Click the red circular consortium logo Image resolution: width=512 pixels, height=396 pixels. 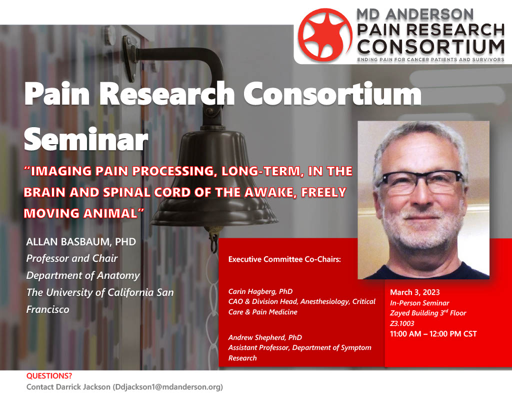[x=325, y=35]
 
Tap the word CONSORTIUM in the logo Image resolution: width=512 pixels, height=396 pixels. [x=430, y=47]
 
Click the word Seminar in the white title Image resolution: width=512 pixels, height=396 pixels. [x=86, y=140]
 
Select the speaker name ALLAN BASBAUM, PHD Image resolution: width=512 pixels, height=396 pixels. [x=81, y=242]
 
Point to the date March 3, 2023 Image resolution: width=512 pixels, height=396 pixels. [x=414, y=292]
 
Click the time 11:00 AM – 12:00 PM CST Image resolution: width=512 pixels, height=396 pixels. [x=433, y=334]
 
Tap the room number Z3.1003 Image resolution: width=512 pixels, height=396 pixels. [x=402, y=323]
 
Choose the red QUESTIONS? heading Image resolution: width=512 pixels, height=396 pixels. [x=49, y=376]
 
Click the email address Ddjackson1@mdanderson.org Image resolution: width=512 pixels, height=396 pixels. [x=167, y=387]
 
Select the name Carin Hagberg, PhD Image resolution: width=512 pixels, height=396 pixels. [x=260, y=291]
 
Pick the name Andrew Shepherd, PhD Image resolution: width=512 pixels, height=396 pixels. [x=265, y=337]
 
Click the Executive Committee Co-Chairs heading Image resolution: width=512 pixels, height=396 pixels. [x=284, y=259]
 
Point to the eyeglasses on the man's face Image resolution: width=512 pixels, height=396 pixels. [x=420, y=181]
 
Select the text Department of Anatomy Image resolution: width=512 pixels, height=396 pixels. [x=83, y=276]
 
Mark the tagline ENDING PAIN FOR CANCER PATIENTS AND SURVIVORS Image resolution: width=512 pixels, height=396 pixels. [x=430, y=60]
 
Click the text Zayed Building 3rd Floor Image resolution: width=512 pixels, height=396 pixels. [x=428, y=313]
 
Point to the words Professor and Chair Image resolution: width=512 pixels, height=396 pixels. [x=72, y=258]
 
